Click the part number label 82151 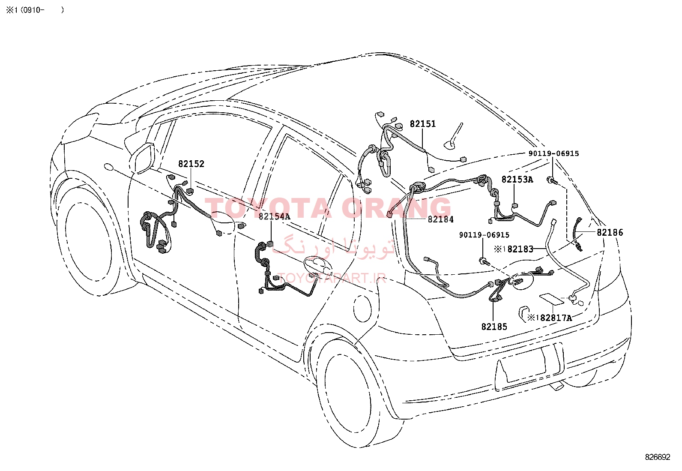click(x=422, y=124)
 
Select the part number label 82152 click(x=191, y=164)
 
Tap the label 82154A click(x=274, y=216)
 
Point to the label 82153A click(x=517, y=180)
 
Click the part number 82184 click(x=440, y=219)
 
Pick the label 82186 click(x=610, y=232)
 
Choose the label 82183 click(x=520, y=249)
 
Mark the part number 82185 click(x=494, y=327)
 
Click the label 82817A click(x=556, y=318)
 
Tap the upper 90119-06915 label click(x=553, y=153)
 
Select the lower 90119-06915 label click(x=484, y=235)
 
